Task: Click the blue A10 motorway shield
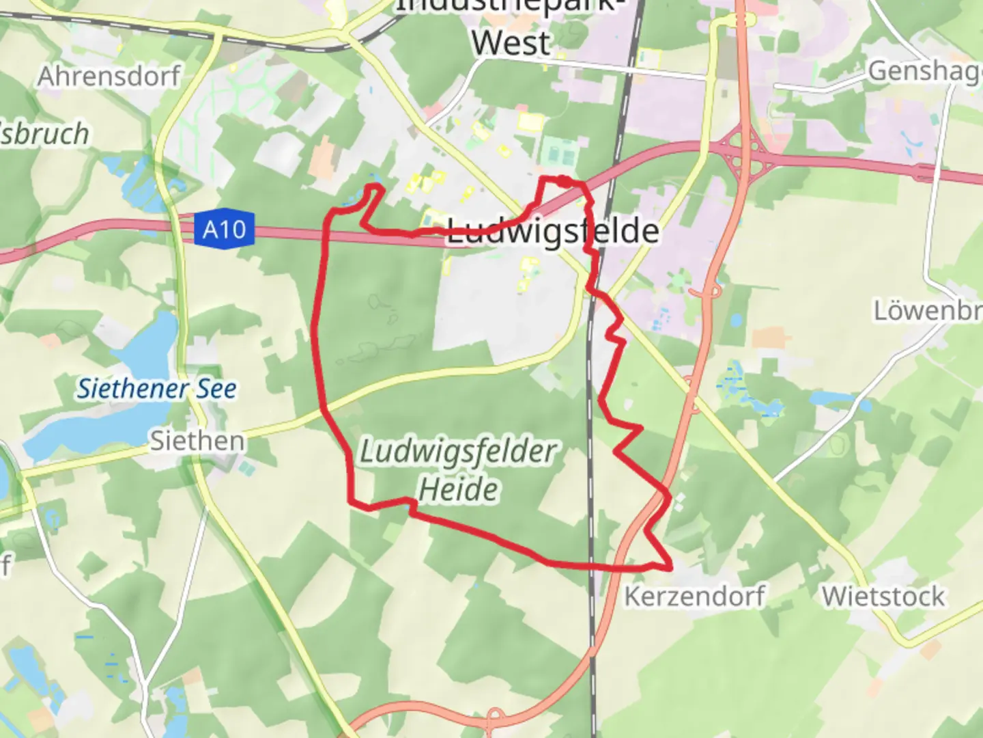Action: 224,229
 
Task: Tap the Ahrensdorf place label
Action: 109,77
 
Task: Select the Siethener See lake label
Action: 156,389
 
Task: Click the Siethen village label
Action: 197,441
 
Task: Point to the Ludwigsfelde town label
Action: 553,232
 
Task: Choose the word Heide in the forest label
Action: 458,489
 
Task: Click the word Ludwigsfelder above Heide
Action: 458,452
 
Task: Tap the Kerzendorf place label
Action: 694,596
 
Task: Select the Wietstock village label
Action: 883,596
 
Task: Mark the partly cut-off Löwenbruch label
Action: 928,311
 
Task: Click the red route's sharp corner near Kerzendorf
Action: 670,566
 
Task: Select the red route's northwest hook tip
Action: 373,186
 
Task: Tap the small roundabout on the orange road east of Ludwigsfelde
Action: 713,291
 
